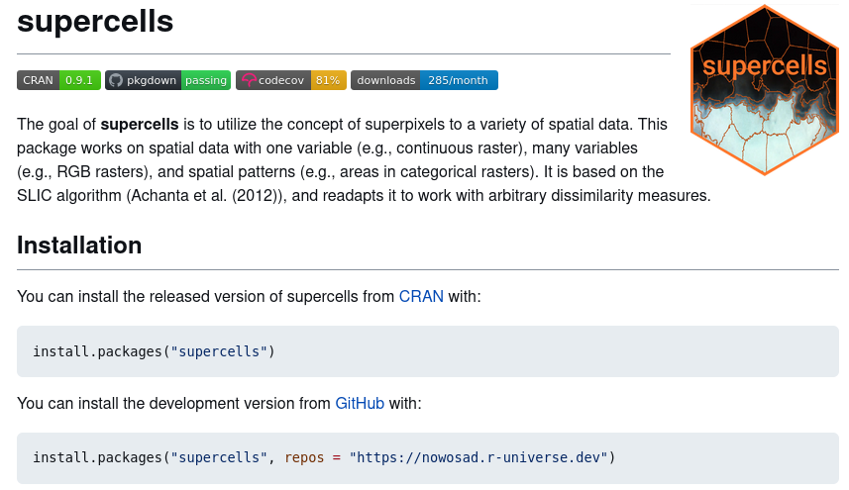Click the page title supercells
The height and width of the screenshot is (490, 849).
(x=95, y=21)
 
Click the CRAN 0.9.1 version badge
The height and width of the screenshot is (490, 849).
(x=58, y=80)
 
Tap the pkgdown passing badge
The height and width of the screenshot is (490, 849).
(x=168, y=80)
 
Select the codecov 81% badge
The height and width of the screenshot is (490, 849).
(x=290, y=80)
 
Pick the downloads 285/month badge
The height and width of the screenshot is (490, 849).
(x=424, y=80)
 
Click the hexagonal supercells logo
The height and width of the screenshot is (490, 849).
(x=764, y=89)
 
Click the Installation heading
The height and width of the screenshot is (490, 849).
(x=79, y=245)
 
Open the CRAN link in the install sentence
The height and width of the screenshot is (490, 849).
(x=421, y=297)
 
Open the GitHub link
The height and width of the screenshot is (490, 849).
(x=360, y=404)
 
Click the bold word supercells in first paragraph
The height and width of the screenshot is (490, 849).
(x=140, y=125)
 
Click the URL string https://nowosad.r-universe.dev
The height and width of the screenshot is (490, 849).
(x=479, y=457)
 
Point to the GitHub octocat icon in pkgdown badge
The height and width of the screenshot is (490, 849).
(x=116, y=80)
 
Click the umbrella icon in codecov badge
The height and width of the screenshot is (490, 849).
(x=248, y=80)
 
